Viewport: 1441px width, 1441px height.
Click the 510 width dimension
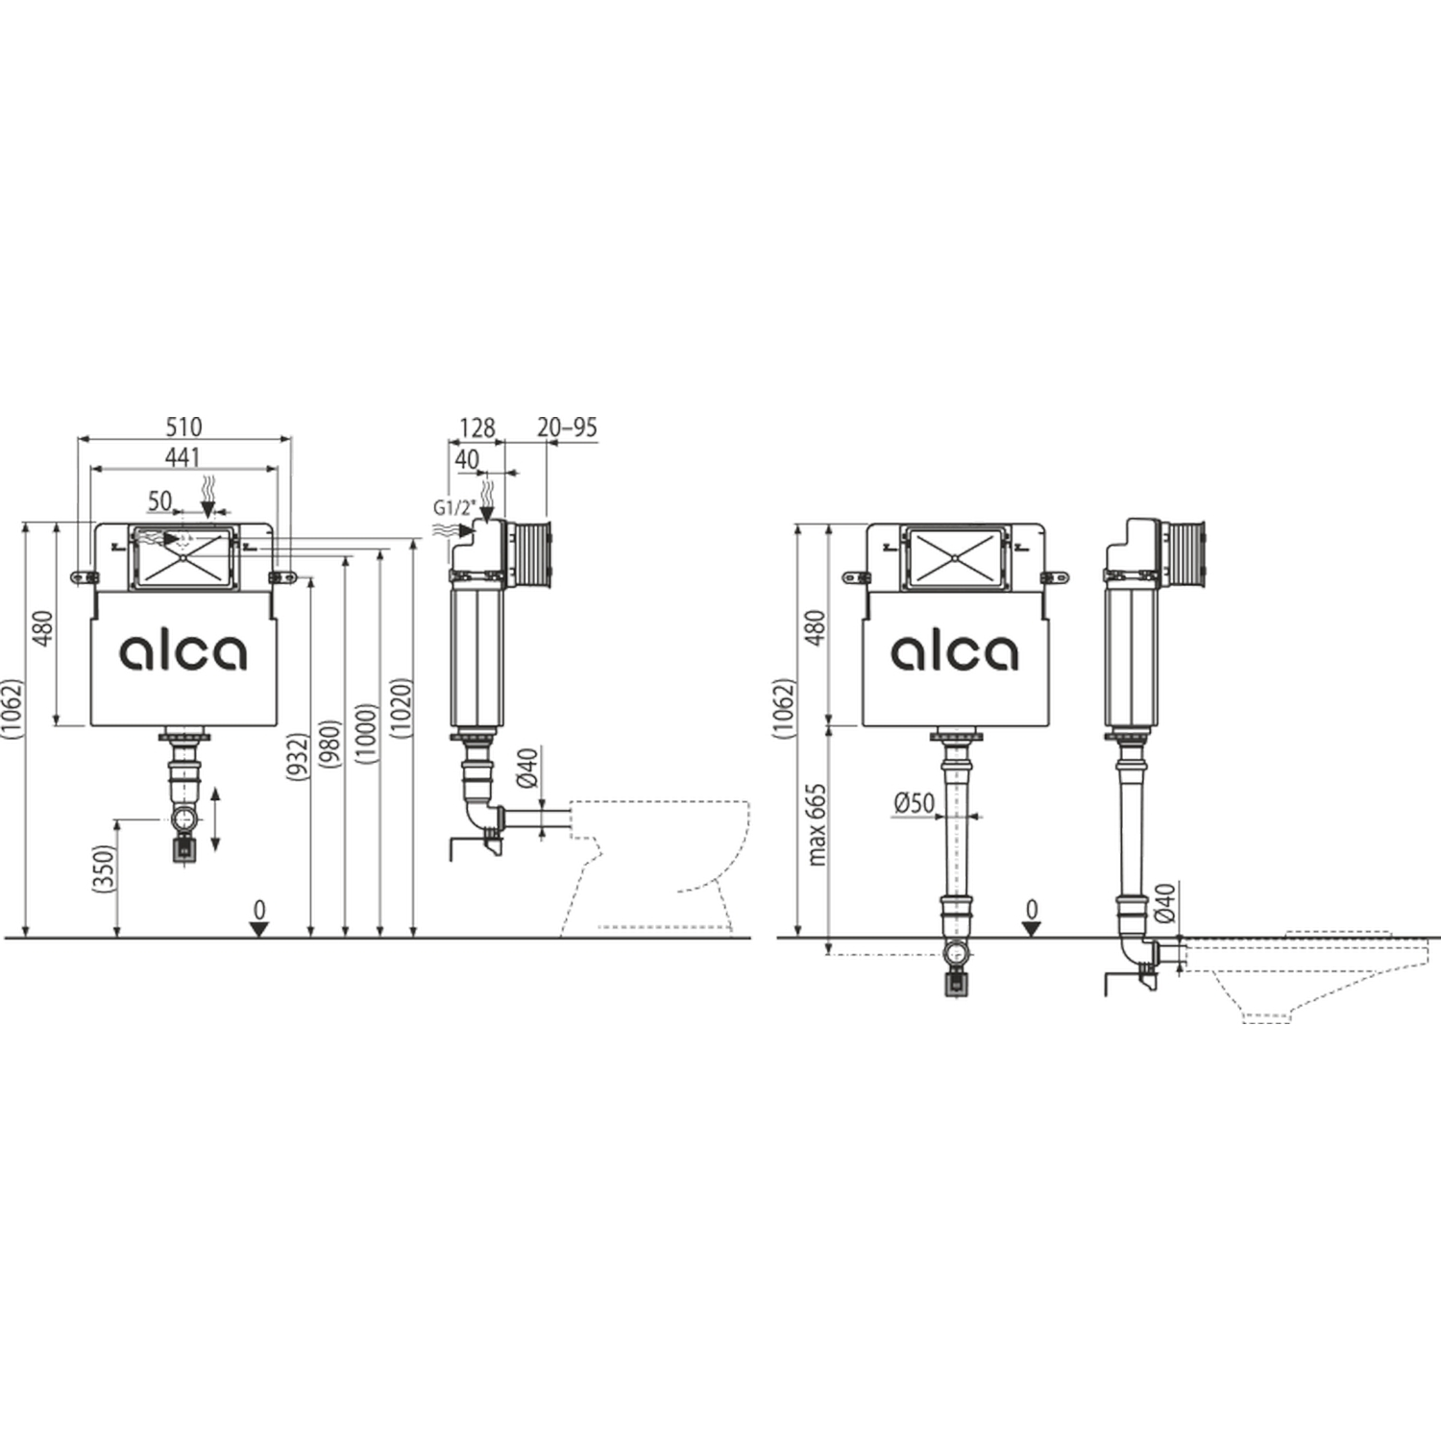183,426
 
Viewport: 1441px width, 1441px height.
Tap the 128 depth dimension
477,427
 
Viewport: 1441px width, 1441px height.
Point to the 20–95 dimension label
567,427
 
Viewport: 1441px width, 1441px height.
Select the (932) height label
299,756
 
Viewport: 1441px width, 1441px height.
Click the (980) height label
330,744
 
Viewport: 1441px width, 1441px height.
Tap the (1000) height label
365,734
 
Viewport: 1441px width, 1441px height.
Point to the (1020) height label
403,708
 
